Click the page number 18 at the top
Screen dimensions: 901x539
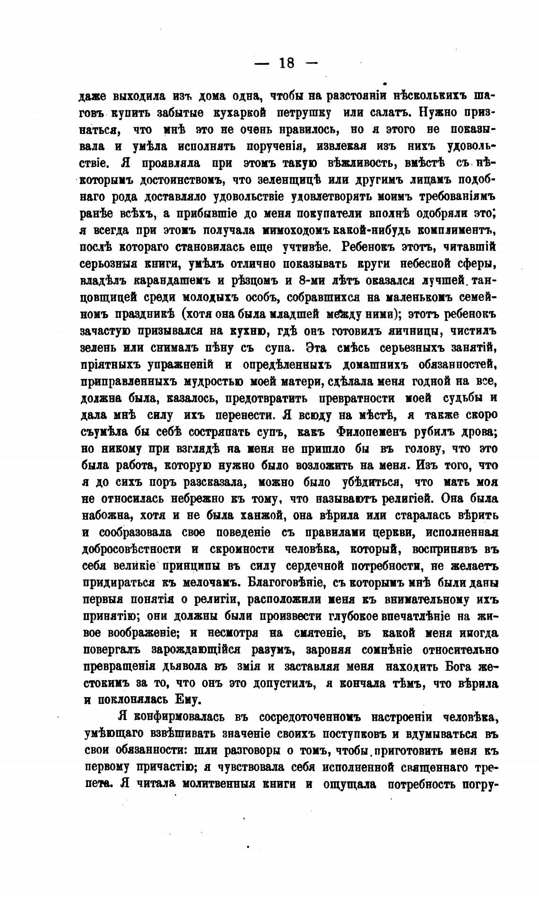pos(287,63)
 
